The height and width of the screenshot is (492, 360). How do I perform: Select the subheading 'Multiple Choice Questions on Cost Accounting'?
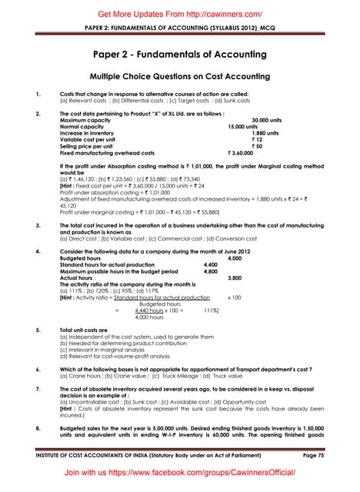[x=180, y=77]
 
